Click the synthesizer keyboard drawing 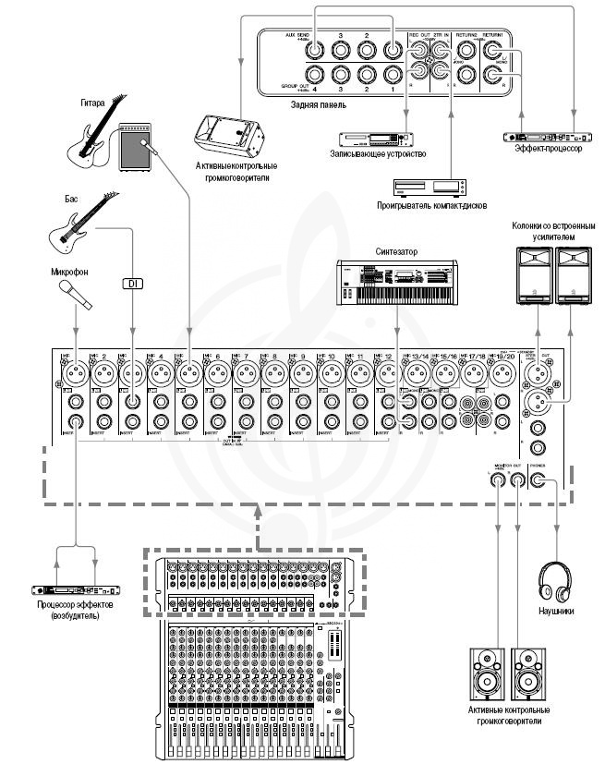point(397,280)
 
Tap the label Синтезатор point(396,249)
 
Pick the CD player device point(448,184)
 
